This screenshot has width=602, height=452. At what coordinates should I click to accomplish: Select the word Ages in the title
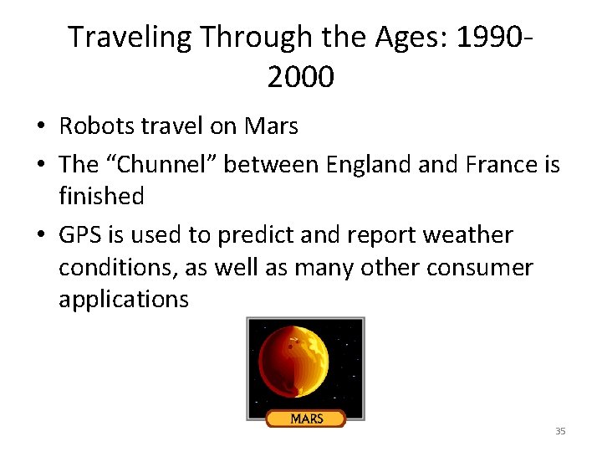pyautogui.click(x=389, y=38)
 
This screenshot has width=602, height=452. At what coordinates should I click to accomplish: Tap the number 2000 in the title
pyautogui.click(x=301, y=77)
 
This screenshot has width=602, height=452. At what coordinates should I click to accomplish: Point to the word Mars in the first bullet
pyautogui.click(x=271, y=126)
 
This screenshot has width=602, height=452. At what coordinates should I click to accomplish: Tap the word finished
pyautogui.click(x=101, y=197)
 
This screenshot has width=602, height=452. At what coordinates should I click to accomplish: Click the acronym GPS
pyautogui.click(x=79, y=235)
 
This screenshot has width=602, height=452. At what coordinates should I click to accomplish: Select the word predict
pyautogui.click(x=256, y=235)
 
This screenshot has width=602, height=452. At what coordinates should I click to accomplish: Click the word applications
pyautogui.click(x=124, y=299)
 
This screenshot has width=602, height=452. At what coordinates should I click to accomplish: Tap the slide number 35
pyautogui.click(x=560, y=431)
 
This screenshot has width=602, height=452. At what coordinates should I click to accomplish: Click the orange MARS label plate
pyautogui.click(x=305, y=419)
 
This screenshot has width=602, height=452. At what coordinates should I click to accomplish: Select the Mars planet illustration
pyautogui.click(x=293, y=362)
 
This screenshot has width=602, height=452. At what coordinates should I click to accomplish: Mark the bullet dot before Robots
pyautogui.click(x=40, y=127)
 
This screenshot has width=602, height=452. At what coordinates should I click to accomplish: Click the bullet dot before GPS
pyautogui.click(x=40, y=236)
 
